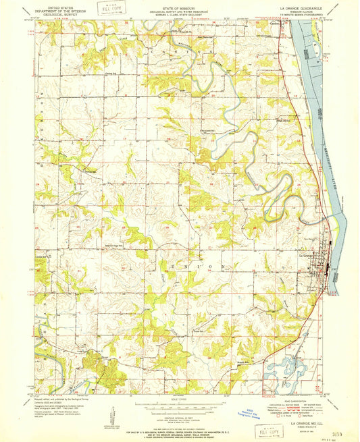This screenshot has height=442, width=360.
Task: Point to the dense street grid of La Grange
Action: pos(329,260)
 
